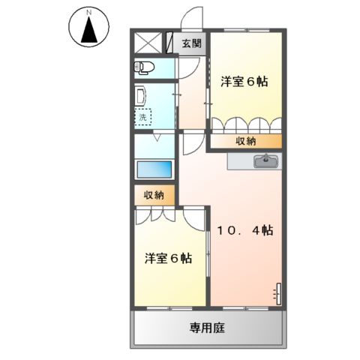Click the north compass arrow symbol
tap(88, 31)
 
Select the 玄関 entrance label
tap(192, 43)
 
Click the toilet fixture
tap(145, 68)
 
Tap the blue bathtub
tap(154, 170)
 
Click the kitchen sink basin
tap(265, 160)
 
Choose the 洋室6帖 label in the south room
tap(168, 259)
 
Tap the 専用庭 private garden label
tap(207, 328)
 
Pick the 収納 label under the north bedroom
tap(245, 140)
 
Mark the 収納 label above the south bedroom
tap(154, 195)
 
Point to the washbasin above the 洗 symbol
tap(141, 95)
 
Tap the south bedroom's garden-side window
tap(170, 307)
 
